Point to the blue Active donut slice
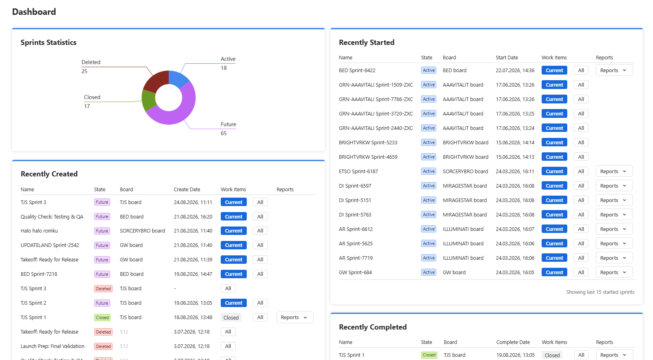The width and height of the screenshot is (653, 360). coord(177,79)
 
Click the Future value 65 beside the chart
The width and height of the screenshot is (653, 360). coord(224,133)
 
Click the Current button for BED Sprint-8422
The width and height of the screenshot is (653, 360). coord(554,70)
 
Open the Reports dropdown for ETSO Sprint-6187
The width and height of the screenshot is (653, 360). coord(614,171)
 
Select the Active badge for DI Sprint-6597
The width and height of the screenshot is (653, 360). coord(429,186)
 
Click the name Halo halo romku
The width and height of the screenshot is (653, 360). coord(39,231)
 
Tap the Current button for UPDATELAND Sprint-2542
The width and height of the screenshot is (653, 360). coord(234,245)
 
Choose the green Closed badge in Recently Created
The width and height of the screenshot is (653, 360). coord(102,318)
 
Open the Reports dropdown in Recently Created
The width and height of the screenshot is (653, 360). coord(295,318)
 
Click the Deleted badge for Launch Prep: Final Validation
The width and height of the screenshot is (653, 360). coord(103,346)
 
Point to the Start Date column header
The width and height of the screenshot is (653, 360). coord(507,57)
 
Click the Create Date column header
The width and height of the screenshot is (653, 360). coord(187,189)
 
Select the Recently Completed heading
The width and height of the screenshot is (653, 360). coord(373,327)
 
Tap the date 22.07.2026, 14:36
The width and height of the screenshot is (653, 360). coord(515,70)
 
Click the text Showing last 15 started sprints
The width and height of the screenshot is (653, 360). coord(600,292)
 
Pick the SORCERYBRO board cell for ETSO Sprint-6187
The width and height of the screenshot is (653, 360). coord(465,171)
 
